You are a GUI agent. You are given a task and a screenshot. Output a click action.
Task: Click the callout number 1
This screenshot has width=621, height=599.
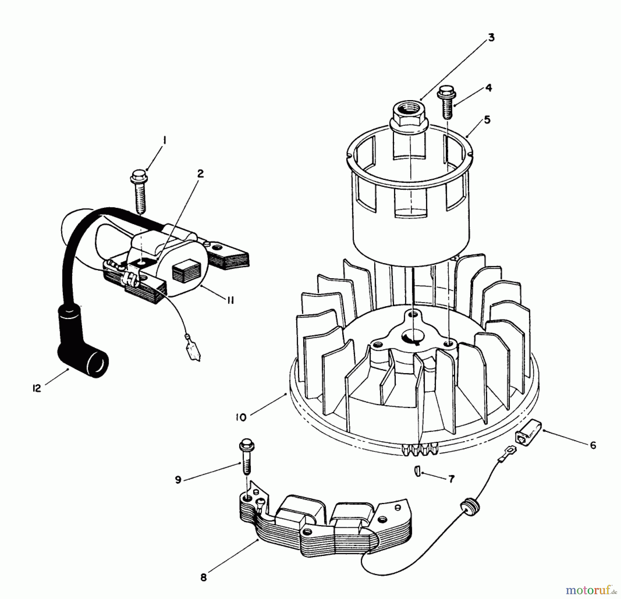(165, 141)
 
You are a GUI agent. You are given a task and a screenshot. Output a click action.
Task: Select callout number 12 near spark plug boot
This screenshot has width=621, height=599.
(37, 388)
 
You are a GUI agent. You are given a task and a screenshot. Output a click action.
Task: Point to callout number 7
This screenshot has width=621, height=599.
(451, 479)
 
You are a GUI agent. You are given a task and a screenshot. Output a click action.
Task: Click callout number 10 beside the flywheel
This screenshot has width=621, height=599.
(241, 417)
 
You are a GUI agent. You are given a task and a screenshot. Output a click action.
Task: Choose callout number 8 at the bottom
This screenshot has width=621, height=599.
(204, 577)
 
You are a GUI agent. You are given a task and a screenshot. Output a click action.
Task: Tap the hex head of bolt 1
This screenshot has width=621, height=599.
(138, 176)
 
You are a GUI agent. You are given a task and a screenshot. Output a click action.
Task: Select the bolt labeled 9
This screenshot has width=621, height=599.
(247, 457)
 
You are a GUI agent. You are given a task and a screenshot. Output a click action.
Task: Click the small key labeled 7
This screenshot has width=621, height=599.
(417, 471)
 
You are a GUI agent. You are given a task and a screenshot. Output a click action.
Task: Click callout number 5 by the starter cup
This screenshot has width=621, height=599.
(487, 120)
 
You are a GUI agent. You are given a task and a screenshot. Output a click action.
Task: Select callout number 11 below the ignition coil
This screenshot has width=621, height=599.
(230, 300)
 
